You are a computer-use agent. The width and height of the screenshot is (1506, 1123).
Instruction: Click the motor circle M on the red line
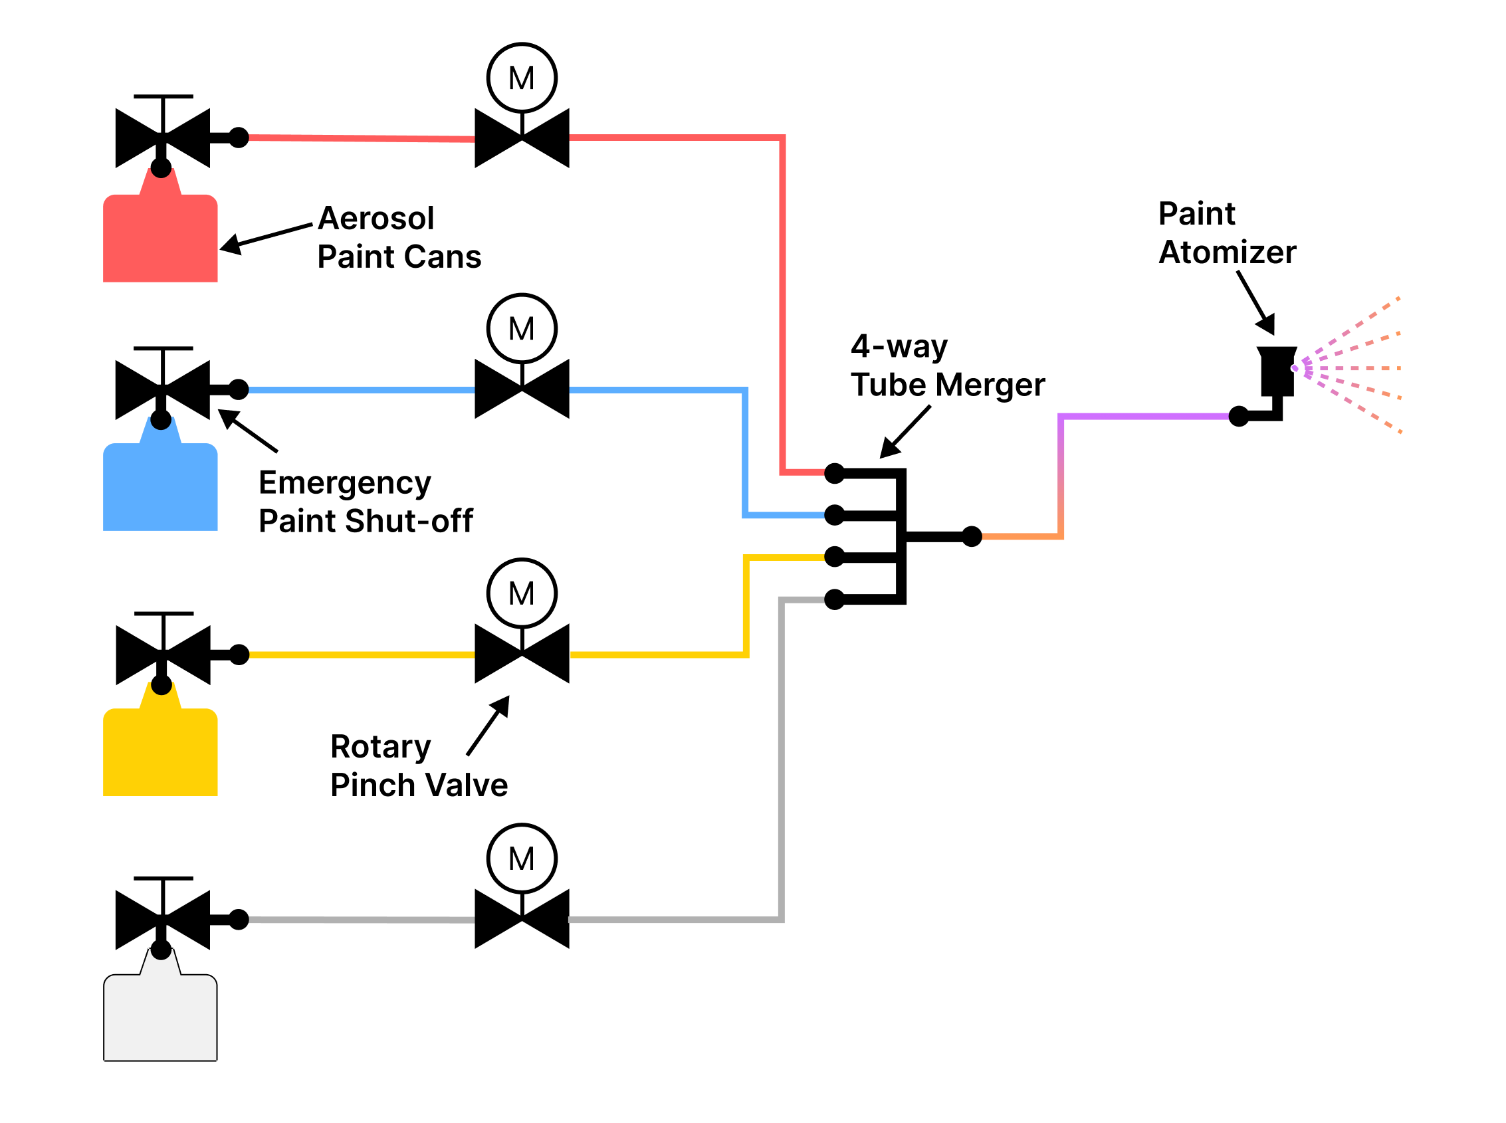[x=522, y=78]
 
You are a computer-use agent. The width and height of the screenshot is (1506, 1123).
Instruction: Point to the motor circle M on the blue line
[x=522, y=329]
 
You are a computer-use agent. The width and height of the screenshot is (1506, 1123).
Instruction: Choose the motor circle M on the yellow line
[x=522, y=593]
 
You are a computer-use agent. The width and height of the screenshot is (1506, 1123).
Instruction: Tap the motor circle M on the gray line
[x=522, y=859]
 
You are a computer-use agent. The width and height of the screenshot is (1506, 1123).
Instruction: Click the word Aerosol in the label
[x=376, y=218]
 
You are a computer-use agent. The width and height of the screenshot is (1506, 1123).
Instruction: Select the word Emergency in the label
[x=345, y=483]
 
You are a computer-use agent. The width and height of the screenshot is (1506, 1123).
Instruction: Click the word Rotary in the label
[x=380, y=747]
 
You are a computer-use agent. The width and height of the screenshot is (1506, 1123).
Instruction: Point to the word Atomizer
[x=1227, y=253]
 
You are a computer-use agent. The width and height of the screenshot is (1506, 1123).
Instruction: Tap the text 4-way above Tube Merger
[x=898, y=346]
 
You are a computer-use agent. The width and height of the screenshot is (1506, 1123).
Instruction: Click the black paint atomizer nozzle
[x=1276, y=371]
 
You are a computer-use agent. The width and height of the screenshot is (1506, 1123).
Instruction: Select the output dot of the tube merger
[x=972, y=536]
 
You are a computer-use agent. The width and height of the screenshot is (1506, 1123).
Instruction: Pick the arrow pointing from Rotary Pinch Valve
[x=488, y=726]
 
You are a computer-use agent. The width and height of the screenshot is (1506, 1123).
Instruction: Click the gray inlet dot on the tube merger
[x=834, y=599]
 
